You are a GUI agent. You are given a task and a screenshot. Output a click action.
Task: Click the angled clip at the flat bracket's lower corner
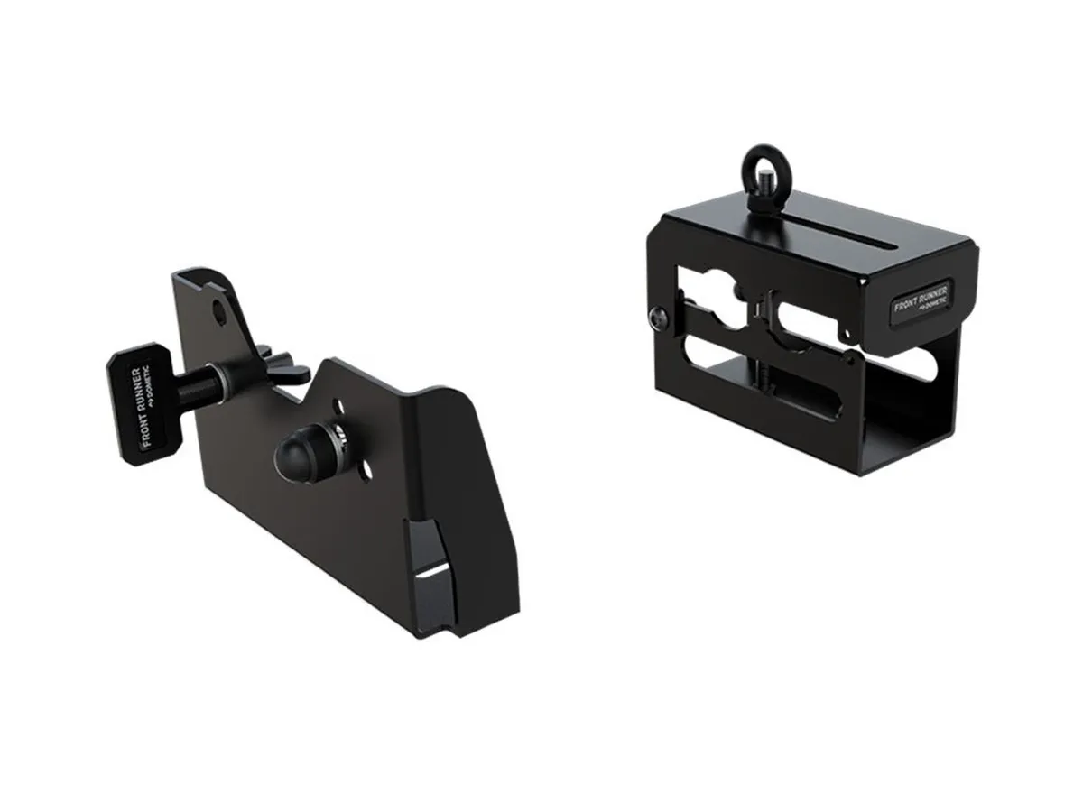[x=431, y=577]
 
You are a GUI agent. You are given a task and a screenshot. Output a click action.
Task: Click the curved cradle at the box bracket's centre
[x=767, y=320]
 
